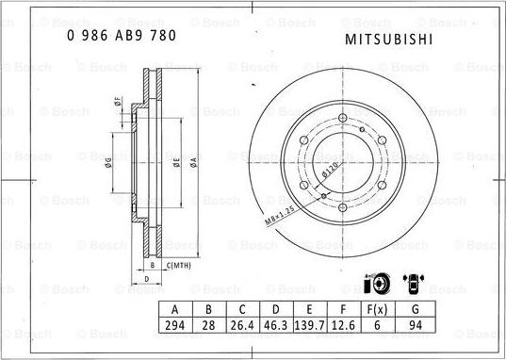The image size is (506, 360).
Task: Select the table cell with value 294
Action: pos(173,324)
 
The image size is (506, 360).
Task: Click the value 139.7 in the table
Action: pos(309,324)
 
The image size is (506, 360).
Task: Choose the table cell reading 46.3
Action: pos(275,324)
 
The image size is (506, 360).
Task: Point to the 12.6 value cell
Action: pos(343,324)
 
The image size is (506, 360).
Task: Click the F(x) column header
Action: pos(376,309)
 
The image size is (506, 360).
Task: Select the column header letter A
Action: pos(173,309)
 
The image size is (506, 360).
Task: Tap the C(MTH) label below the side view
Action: pos(178,267)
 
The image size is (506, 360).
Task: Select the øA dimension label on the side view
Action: pos(192,161)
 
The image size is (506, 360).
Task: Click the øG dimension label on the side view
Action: pos(109,161)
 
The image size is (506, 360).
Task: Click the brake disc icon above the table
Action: pos(373,284)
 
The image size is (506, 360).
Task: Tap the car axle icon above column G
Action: pos(414,282)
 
